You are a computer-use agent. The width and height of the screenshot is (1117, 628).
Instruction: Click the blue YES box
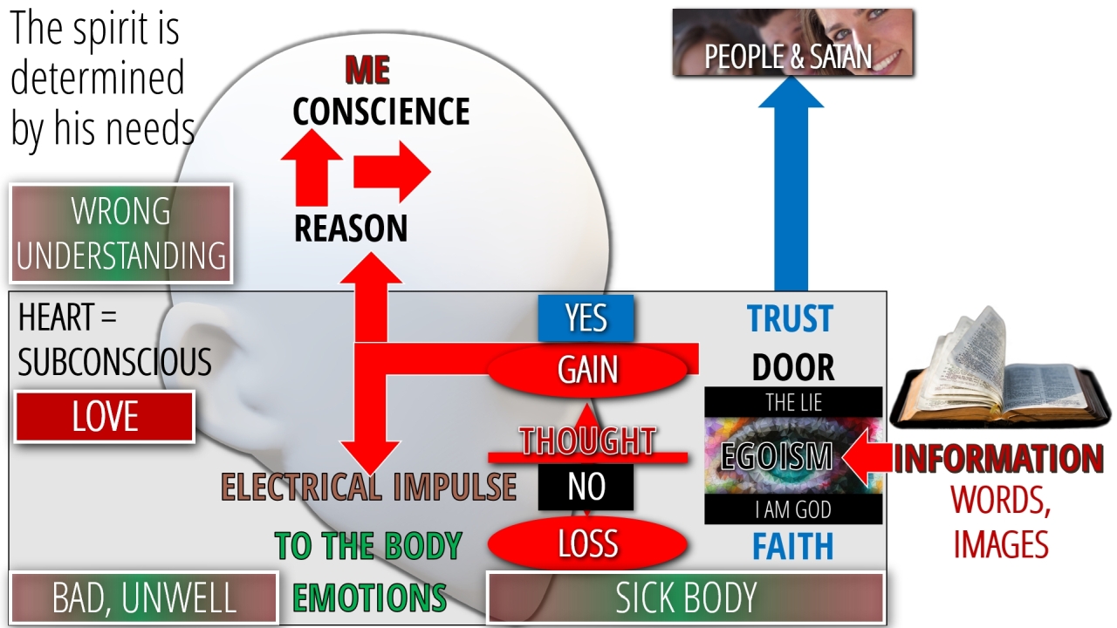click(586, 318)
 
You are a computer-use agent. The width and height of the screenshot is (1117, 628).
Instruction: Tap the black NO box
click(586, 487)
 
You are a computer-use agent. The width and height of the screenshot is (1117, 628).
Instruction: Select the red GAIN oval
click(588, 370)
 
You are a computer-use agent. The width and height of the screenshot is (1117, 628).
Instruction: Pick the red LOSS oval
click(587, 544)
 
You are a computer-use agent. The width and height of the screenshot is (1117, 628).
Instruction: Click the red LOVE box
click(105, 417)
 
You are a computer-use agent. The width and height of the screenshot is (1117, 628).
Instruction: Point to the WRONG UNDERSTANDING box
click(121, 234)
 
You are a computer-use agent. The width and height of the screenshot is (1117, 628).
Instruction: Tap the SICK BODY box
click(685, 598)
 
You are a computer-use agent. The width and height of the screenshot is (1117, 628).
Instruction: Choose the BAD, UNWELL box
click(144, 598)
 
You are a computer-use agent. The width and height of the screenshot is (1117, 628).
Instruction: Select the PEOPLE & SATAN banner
click(792, 43)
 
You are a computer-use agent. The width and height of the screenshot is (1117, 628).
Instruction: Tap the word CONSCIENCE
click(380, 112)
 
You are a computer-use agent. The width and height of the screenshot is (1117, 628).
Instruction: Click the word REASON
click(351, 229)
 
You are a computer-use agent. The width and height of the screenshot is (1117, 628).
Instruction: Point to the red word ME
click(367, 70)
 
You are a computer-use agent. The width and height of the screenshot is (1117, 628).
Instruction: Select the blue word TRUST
click(791, 319)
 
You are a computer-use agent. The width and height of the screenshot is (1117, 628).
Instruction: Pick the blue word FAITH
click(792, 546)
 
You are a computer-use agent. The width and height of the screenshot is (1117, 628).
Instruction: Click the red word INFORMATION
click(998, 459)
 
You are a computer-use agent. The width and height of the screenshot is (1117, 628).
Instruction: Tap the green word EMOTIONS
click(369, 598)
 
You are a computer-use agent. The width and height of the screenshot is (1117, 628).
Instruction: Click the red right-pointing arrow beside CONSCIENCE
click(391, 173)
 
